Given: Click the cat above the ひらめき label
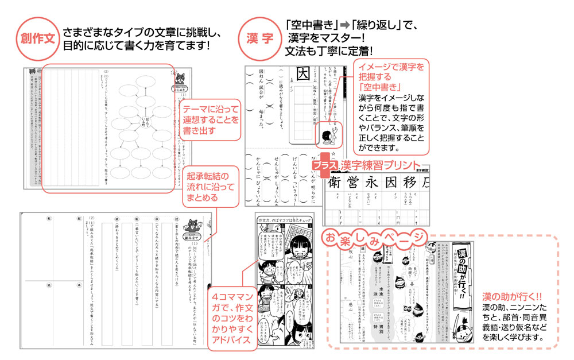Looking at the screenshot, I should click(183, 77).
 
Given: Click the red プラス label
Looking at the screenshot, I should click(325, 165).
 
